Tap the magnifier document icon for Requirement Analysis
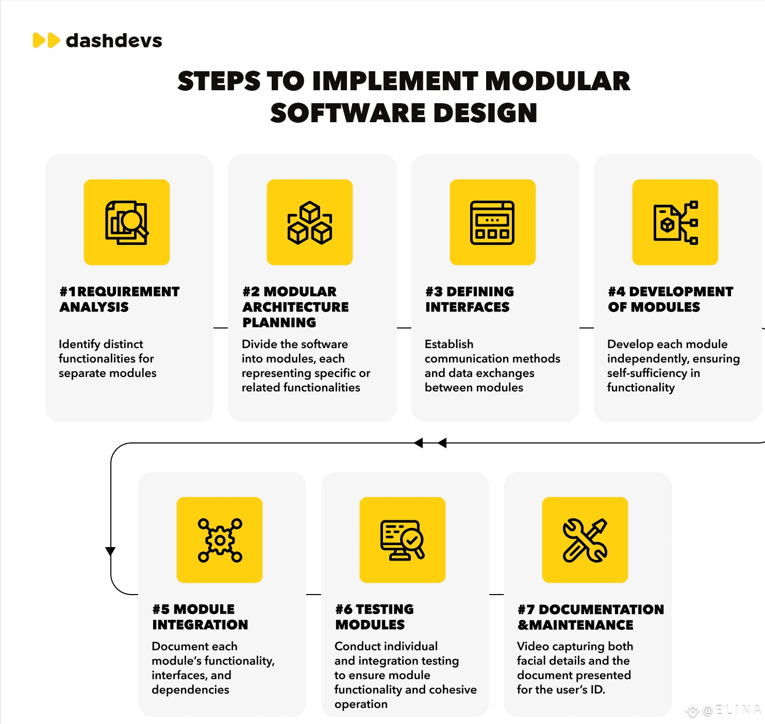point(127,222)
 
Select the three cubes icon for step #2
point(310,222)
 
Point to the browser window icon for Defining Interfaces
point(492,222)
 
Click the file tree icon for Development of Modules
point(675,222)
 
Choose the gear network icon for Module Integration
point(220,540)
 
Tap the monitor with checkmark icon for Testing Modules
point(402,540)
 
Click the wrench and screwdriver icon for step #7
point(585,540)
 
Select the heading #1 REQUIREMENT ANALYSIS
point(120,299)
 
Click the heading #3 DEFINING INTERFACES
point(470,299)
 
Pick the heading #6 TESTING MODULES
point(374,617)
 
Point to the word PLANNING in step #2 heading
point(279,323)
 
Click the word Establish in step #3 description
point(449,344)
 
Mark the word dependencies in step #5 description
point(190,689)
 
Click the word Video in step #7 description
point(533,646)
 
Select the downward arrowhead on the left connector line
point(110,551)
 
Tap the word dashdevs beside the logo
point(114,40)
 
